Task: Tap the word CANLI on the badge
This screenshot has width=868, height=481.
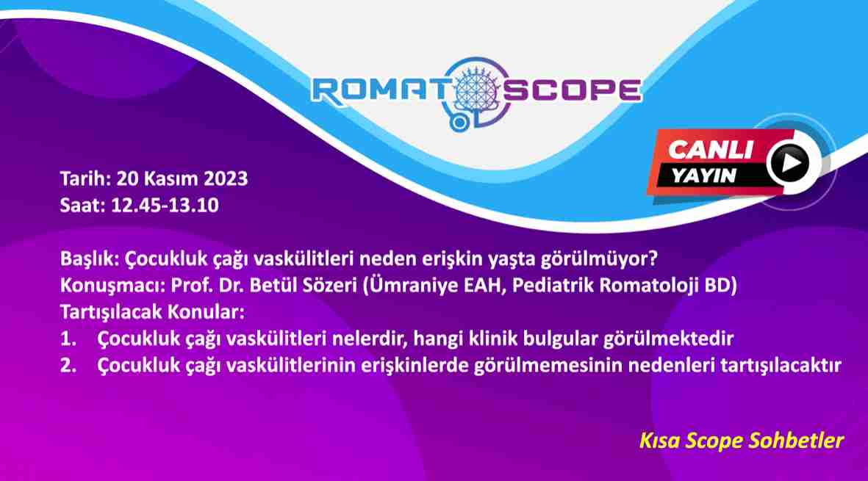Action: (710, 150)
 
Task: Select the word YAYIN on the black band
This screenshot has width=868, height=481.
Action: (704, 176)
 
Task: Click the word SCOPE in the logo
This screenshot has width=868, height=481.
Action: (572, 90)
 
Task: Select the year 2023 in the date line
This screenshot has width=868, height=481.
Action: (226, 178)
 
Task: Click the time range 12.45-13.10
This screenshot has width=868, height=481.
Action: (165, 205)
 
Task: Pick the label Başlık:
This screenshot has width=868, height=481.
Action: (90, 258)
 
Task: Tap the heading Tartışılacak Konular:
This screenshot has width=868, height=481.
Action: (152, 312)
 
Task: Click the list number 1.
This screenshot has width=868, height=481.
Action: (68, 339)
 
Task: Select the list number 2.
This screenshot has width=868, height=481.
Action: (68, 365)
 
